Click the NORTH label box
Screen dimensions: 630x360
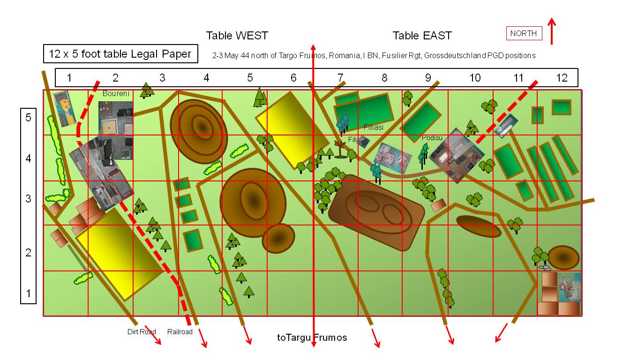pyautogui.click(x=524, y=33)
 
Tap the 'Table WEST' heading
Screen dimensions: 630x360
pyautogui.click(x=237, y=36)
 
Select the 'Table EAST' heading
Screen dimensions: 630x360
pyautogui.click(x=422, y=36)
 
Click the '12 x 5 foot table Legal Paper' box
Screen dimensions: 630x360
pyautogui.click(x=120, y=54)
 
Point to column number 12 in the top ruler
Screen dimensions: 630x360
pyautogui.click(x=562, y=78)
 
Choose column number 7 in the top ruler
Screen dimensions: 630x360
pyautogui.click(x=340, y=78)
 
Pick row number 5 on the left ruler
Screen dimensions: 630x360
pyautogui.click(x=28, y=118)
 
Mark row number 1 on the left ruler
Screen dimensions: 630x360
pyautogui.click(x=28, y=293)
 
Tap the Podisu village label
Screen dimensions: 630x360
pyautogui.click(x=432, y=138)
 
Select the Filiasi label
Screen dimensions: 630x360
pyautogui.click(x=374, y=127)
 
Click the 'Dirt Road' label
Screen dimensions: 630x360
pyautogui.click(x=142, y=332)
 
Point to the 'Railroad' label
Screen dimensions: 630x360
pyautogui.click(x=180, y=332)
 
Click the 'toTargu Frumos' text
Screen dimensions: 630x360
pyautogui.click(x=312, y=337)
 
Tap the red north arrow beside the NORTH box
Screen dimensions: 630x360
pyautogui.click(x=552, y=32)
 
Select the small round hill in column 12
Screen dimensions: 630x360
pyautogui.click(x=563, y=257)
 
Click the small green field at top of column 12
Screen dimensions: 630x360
pyautogui.click(x=561, y=107)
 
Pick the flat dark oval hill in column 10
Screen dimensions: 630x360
pyautogui.click(x=478, y=226)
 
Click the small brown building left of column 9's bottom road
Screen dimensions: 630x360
pyautogui.click(x=439, y=205)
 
